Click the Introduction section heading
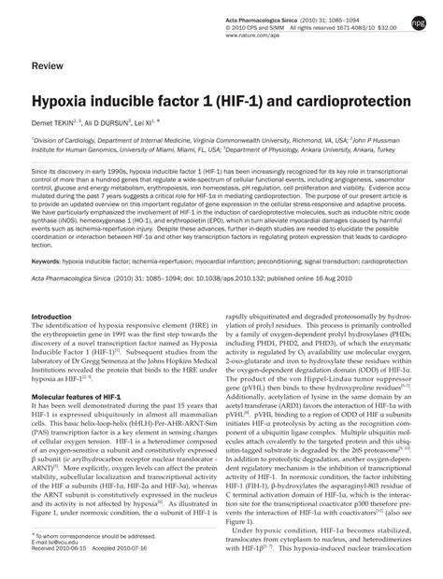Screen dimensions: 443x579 [58, 317]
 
